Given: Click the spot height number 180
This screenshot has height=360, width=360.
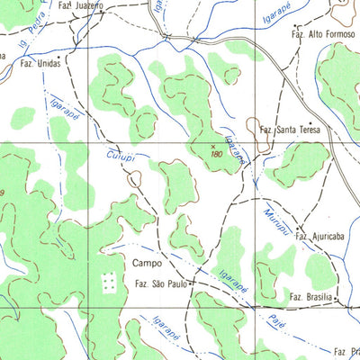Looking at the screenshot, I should pos(216,154).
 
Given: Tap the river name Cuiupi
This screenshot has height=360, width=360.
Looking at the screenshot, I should pos(120,159).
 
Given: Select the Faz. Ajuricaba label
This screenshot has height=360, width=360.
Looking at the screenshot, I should pos(311,237).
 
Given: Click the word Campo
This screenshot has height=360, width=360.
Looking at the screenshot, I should pos(146,265).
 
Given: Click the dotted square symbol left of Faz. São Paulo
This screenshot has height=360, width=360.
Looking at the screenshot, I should pos(109,283).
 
